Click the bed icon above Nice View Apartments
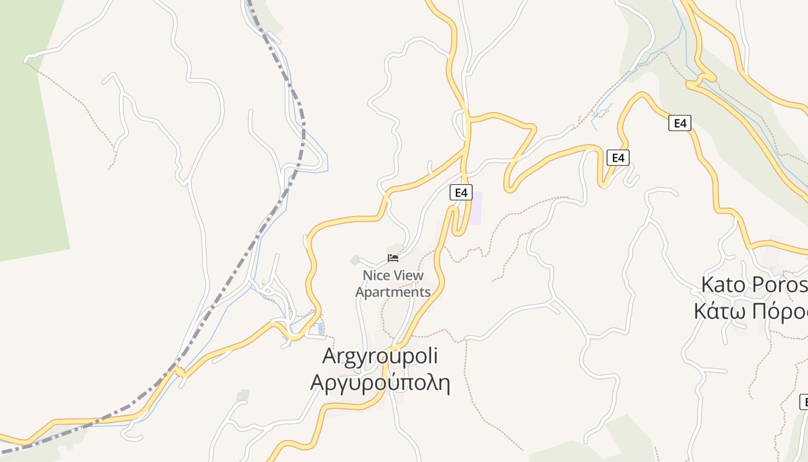point(393,258)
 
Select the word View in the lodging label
point(409,275)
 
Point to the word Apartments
point(393,292)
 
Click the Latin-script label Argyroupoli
point(380,356)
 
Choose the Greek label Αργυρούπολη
point(380,382)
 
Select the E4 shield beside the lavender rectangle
point(461,192)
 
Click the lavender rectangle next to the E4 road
point(475,208)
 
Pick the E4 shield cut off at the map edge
point(804,402)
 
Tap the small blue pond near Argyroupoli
point(320,329)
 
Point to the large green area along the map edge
point(29,144)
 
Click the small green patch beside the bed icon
point(355,260)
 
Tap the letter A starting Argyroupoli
point(330,356)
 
